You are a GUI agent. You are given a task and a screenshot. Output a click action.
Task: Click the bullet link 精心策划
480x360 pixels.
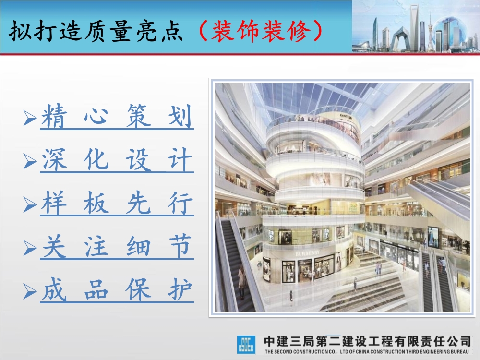coord(117,118)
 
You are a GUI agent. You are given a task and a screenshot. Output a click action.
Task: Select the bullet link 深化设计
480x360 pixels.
coord(117,161)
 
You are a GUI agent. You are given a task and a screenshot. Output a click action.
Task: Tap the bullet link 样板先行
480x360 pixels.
coord(117,204)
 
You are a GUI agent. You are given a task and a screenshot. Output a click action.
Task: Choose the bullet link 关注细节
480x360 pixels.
coord(117,247)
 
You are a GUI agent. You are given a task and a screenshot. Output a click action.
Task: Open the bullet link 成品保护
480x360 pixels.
coord(117,290)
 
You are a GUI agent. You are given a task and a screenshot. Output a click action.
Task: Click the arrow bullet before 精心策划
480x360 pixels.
coord(31,118)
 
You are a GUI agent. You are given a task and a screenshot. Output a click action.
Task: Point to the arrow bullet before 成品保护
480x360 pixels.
coord(31,291)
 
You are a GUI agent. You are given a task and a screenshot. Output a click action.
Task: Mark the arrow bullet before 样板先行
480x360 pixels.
coord(31,204)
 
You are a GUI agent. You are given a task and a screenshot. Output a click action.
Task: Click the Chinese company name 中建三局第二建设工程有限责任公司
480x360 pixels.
coord(367,341)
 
